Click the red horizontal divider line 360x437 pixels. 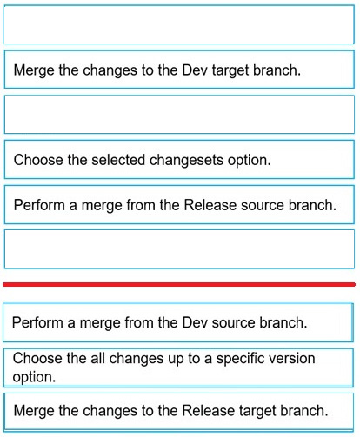[x=179, y=285]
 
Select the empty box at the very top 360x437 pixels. [x=179, y=24]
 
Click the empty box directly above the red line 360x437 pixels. [x=179, y=249]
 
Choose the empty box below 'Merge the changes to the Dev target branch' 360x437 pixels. [x=179, y=114]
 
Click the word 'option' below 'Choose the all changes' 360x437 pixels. [x=34, y=377]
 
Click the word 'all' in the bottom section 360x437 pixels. [x=97, y=358]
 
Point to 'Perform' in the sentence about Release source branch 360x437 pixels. [x=39, y=205]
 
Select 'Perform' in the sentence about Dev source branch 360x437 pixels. [x=37, y=322]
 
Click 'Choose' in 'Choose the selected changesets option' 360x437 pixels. [x=38, y=160]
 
